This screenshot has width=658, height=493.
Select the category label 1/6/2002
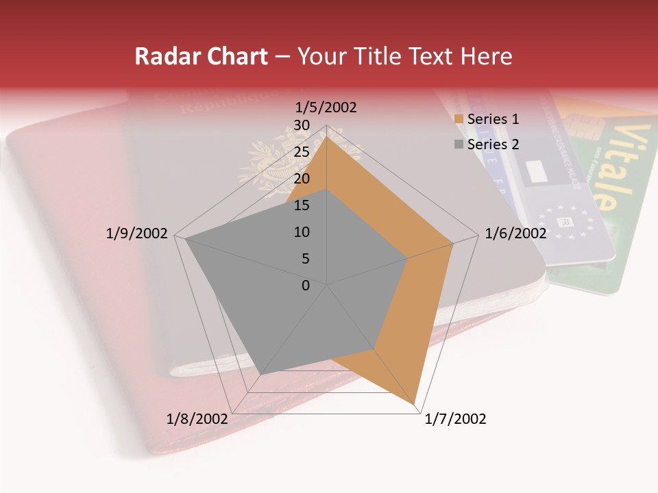(515, 233)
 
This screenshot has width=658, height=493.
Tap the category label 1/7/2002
(455, 419)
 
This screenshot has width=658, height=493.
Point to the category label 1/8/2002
(197, 419)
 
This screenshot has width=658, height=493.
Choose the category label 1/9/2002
(136, 233)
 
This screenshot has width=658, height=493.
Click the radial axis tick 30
(301, 125)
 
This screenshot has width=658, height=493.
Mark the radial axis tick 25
(301, 152)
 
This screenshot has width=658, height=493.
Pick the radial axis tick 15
(301, 205)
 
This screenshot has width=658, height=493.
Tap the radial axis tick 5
(305, 259)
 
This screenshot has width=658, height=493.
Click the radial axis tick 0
(306, 286)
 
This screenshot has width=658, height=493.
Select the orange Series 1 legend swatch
(459, 119)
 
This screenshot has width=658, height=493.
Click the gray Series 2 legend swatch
(459, 144)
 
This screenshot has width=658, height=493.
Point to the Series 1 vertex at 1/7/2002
(416, 404)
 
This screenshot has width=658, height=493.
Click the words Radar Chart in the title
(201, 56)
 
